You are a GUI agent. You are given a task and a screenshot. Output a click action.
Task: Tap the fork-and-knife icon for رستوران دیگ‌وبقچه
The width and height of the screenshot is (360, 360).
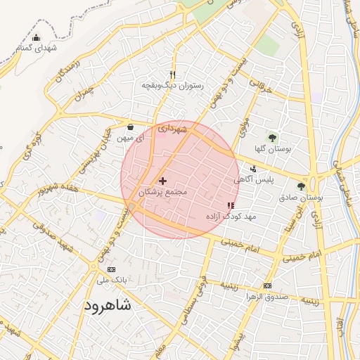[x=172, y=75]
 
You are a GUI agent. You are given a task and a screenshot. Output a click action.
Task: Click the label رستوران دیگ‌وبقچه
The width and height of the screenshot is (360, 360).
[x=173, y=86]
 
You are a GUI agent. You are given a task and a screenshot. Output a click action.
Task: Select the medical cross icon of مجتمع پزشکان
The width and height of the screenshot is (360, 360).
[x=163, y=181]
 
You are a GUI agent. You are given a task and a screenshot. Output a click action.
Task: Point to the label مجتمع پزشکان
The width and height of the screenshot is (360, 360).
[x=163, y=192]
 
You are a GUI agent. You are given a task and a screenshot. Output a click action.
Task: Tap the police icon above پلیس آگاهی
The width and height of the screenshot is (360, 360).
[x=253, y=169]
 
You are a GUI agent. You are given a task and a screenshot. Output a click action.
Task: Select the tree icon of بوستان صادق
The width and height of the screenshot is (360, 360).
[x=301, y=186]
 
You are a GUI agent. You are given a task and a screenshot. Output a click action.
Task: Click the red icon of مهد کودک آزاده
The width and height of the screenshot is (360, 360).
[x=231, y=205]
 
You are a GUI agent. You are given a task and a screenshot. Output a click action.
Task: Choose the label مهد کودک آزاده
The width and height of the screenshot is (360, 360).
[x=231, y=217]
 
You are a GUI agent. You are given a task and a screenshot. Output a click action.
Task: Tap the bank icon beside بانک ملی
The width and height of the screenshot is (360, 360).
[x=111, y=269]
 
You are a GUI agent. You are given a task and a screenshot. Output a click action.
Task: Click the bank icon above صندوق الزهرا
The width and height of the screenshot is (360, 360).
[x=267, y=285]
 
